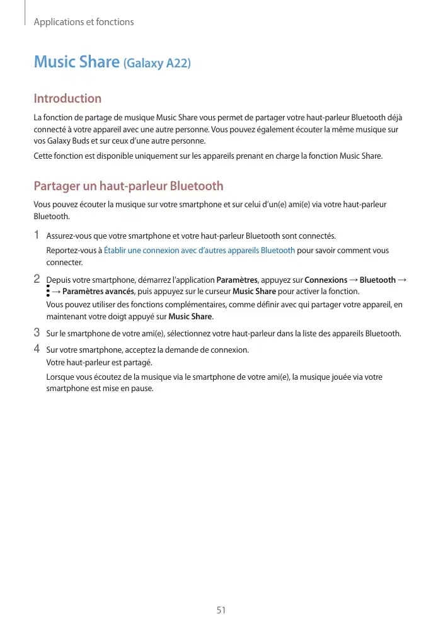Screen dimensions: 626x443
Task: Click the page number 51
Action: [x=221, y=611]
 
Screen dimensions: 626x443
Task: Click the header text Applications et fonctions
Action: [x=84, y=22]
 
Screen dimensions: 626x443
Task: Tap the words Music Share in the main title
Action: [x=76, y=62]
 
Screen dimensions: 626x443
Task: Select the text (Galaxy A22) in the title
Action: [x=157, y=64]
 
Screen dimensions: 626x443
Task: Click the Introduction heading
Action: [x=67, y=98]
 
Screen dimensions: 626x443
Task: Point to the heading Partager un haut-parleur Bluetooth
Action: [x=129, y=186]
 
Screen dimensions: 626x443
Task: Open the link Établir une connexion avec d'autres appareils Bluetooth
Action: [x=199, y=251]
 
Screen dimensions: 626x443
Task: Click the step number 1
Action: [x=37, y=236]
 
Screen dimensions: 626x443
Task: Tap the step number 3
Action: [x=37, y=333]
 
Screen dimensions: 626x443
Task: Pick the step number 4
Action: [x=37, y=349]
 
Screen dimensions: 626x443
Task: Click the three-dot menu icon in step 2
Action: [x=48, y=291]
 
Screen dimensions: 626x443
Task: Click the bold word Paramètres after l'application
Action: [x=237, y=280]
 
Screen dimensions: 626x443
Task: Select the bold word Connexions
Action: [x=326, y=280]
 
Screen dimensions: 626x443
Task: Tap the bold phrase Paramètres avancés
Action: [x=98, y=292]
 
